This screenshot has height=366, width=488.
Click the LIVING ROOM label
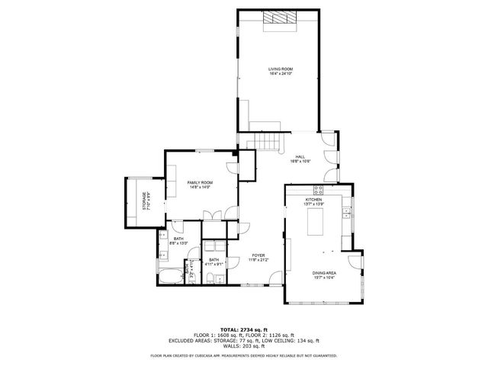(280, 69)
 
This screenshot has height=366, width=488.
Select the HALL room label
(300, 156)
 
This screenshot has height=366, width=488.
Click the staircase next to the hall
(268, 140)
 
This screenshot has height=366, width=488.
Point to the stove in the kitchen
(320, 191)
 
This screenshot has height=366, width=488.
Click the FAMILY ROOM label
(200, 183)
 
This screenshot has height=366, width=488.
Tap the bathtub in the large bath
(171, 275)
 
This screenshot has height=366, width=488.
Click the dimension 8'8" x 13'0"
(178, 243)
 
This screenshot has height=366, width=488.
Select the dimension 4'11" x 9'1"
(215, 264)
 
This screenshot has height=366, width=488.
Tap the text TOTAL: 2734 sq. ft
(243, 323)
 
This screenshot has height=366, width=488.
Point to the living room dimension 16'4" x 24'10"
(280, 74)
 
